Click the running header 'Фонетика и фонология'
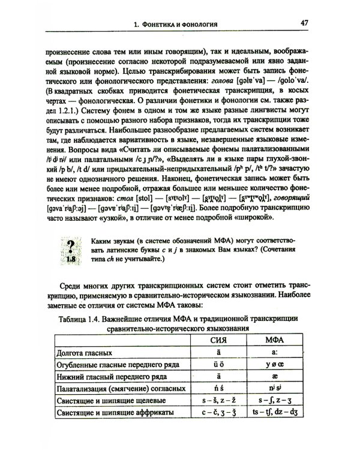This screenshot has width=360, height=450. pos(179,25)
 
